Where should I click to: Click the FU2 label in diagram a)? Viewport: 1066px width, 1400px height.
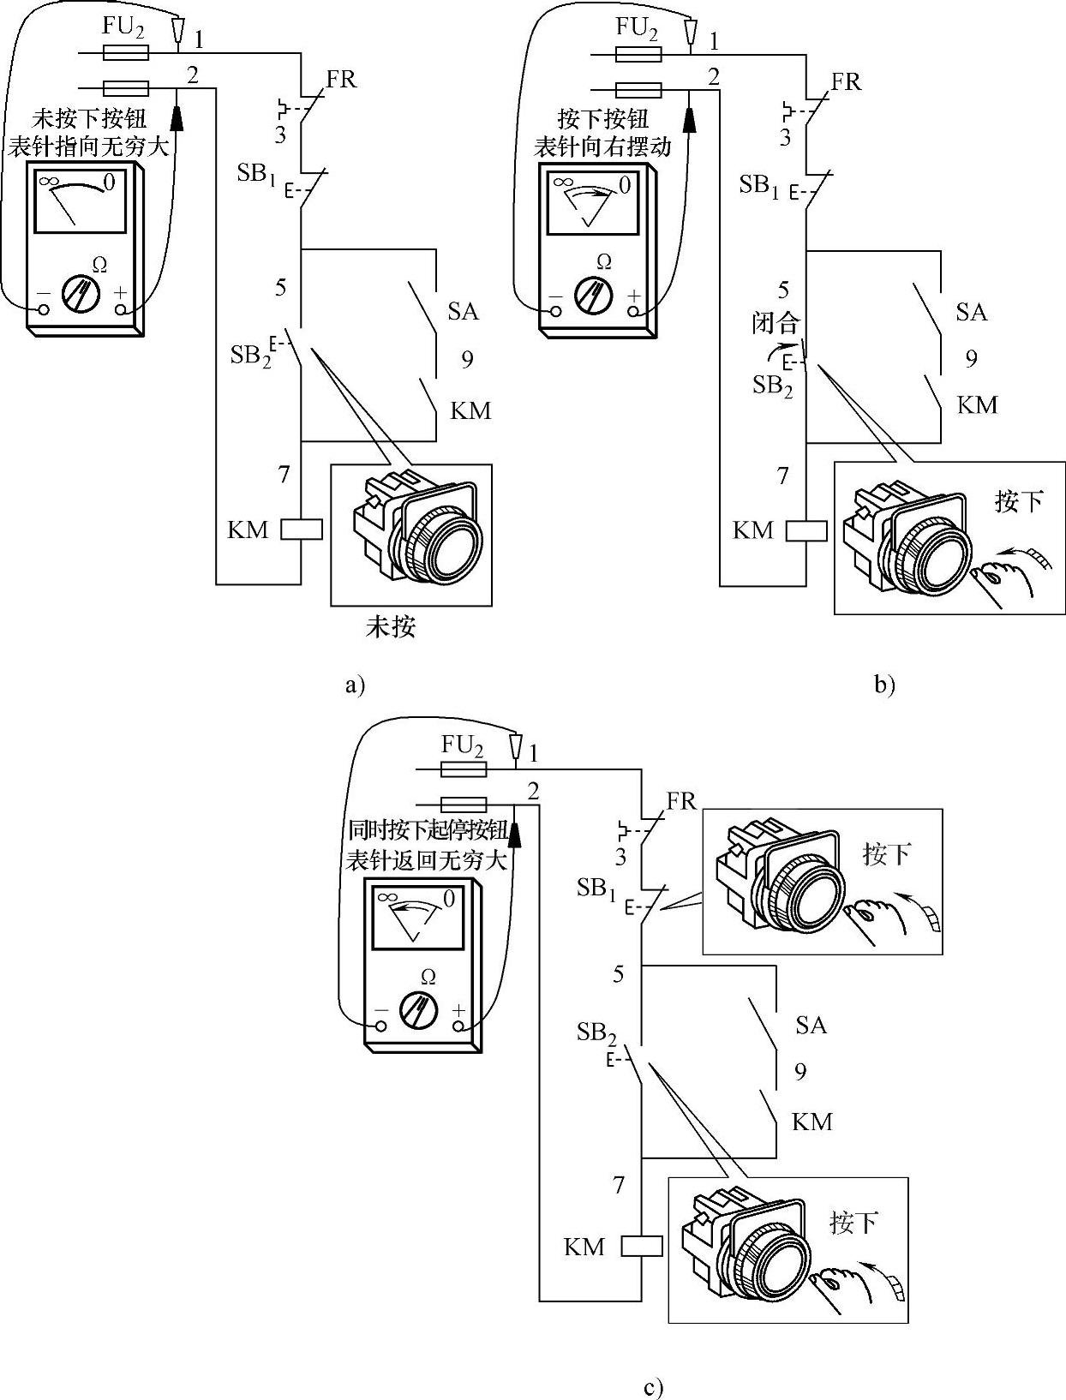pos(123,27)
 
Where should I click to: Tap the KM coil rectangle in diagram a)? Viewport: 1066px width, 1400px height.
pos(302,529)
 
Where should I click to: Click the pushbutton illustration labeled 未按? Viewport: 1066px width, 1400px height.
pos(411,535)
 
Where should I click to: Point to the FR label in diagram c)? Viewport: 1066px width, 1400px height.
pos(681,801)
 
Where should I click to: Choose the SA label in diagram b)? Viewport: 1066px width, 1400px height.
pos(972,312)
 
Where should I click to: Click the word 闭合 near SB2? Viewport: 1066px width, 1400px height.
pos(776,323)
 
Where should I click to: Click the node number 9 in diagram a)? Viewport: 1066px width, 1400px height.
pos(467,359)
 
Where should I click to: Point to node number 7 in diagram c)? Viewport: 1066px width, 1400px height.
pos(619,1185)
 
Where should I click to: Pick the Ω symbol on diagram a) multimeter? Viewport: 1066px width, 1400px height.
pos(99,266)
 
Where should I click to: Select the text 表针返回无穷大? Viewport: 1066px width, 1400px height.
pos(427,860)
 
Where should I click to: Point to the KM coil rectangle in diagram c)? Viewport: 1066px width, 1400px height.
pos(642,1246)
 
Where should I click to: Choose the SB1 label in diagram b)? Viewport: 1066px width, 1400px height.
pos(760,185)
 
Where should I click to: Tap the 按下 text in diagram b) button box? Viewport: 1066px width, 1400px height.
pos(1019,501)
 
